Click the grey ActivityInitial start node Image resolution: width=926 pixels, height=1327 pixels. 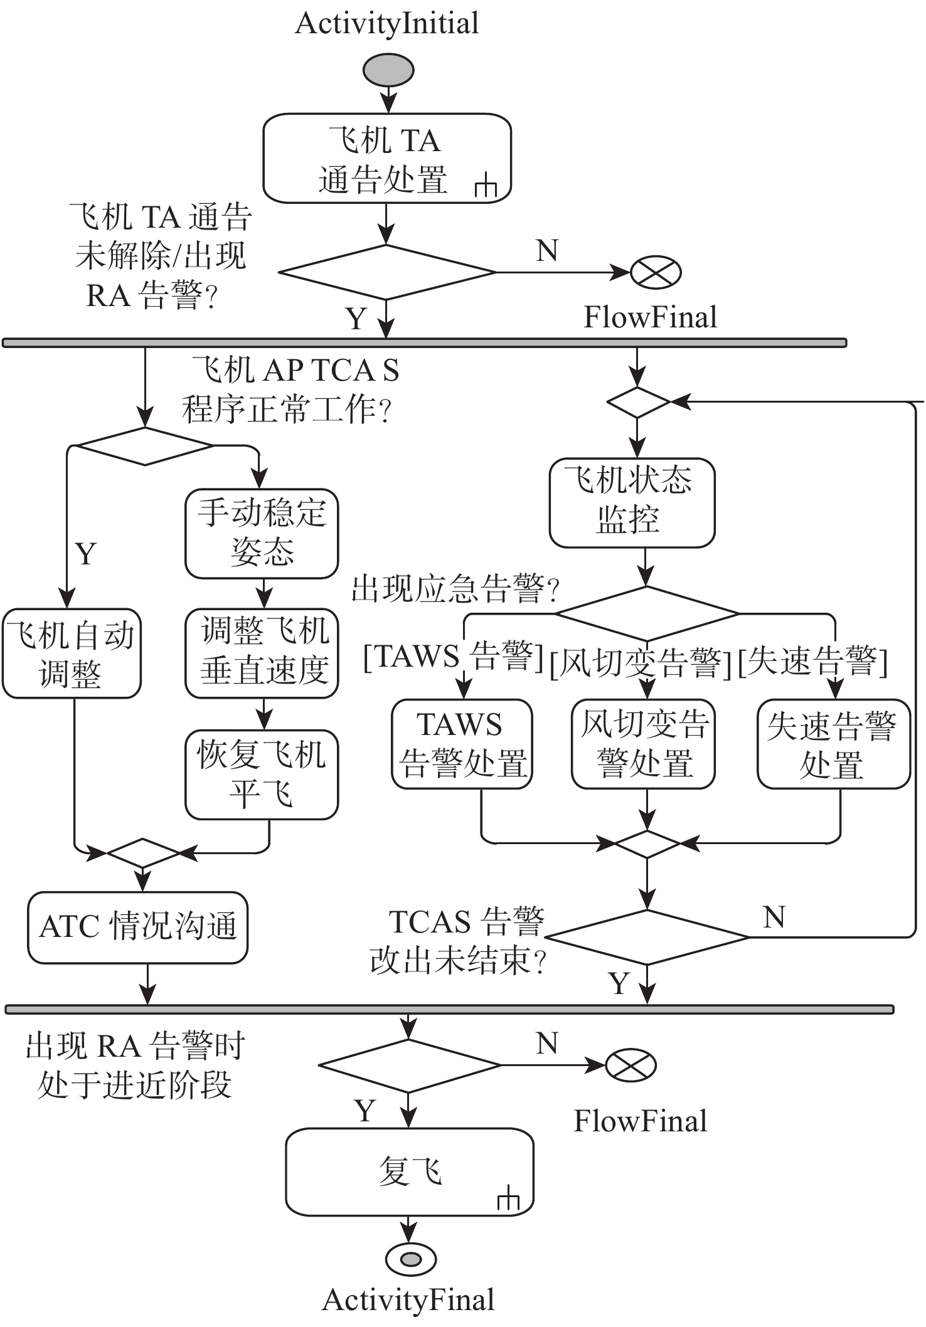[x=388, y=70]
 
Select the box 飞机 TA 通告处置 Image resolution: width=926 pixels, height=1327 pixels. [x=386, y=158]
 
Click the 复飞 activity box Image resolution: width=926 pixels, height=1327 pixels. [x=409, y=1171]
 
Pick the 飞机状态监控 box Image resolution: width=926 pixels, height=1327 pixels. [x=631, y=503]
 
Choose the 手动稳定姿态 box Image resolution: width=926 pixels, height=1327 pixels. [x=262, y=534]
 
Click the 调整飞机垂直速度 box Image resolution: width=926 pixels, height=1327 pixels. [x=262, y=653]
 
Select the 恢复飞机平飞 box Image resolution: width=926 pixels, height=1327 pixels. [x=262, y=775]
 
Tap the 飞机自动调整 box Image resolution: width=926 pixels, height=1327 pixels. [x=72, y=653]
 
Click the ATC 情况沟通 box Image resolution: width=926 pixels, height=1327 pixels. [x=137, y=928]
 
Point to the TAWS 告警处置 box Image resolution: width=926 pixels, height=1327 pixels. [x=462, y=744]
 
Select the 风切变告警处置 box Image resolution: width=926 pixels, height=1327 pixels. [x=643, y=744]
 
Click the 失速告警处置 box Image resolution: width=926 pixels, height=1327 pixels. [x=833, y=744]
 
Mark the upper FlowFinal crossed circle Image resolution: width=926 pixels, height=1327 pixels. [x=656, y=272]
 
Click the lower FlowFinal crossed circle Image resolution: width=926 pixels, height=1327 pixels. [x=631, y=1065]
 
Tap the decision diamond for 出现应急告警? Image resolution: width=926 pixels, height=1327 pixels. [x=647, y=613]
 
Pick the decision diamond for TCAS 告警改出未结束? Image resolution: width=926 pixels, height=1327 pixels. [x=647, y=937]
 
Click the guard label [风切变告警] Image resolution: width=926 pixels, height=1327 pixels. [x=641, y=663]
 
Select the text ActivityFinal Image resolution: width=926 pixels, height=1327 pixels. [x=408, y=1300]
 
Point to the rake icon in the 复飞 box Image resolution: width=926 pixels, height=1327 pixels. [x=508, y=1200]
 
